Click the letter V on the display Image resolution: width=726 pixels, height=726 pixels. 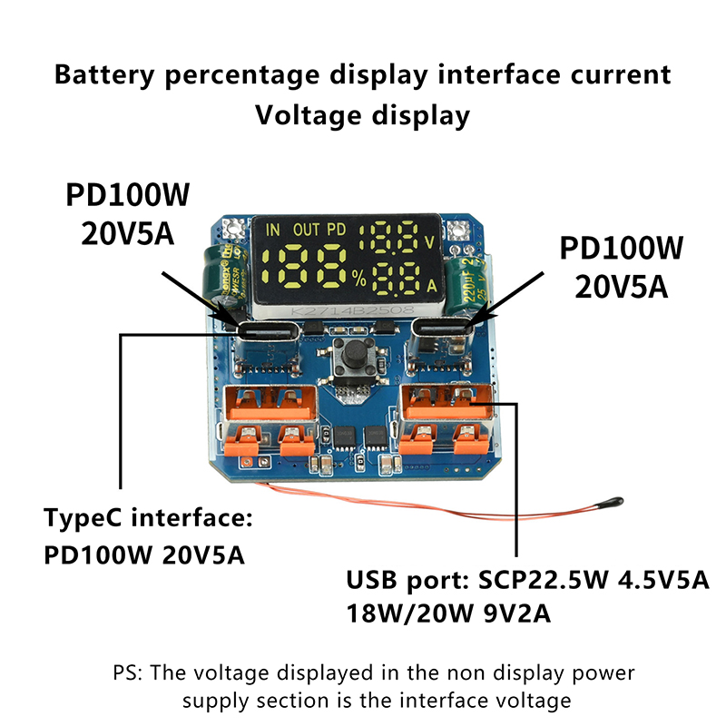[x=429, y=243]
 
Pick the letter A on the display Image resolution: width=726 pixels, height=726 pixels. [x=429, y=285]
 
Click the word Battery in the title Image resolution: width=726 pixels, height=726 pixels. [x=113, y=74]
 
